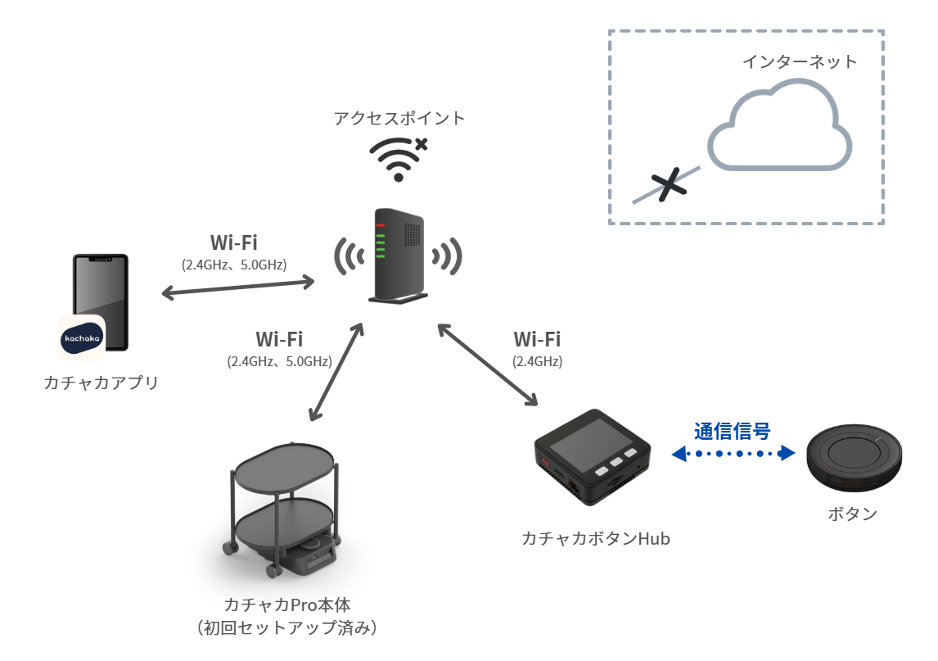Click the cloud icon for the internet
[780, 131]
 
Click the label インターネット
[800, 61]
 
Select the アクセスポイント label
[399, 118]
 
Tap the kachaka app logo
[81, 338]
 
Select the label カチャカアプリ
[101, 383]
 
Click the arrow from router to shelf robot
[337, 371]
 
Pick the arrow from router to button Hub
[488, 364]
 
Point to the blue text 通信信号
[733, 431]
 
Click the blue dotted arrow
[733, 454]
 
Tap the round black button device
[855, 457]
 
